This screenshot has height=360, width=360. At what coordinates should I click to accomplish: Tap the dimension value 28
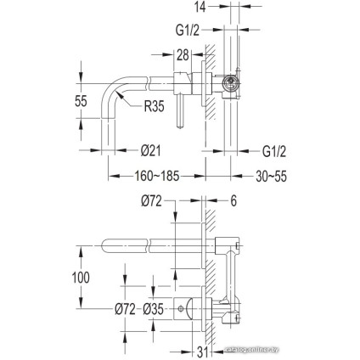tap(182, 55)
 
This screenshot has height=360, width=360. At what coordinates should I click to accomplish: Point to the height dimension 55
tap(82, 100)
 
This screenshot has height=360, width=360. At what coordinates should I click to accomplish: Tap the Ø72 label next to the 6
tap(151, 201)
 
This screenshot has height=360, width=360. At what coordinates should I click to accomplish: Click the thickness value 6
tap(234, 201)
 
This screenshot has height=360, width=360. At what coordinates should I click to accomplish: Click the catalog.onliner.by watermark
tap(323, 346)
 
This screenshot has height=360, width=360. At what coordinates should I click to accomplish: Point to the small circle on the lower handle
tap(179, 307)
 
